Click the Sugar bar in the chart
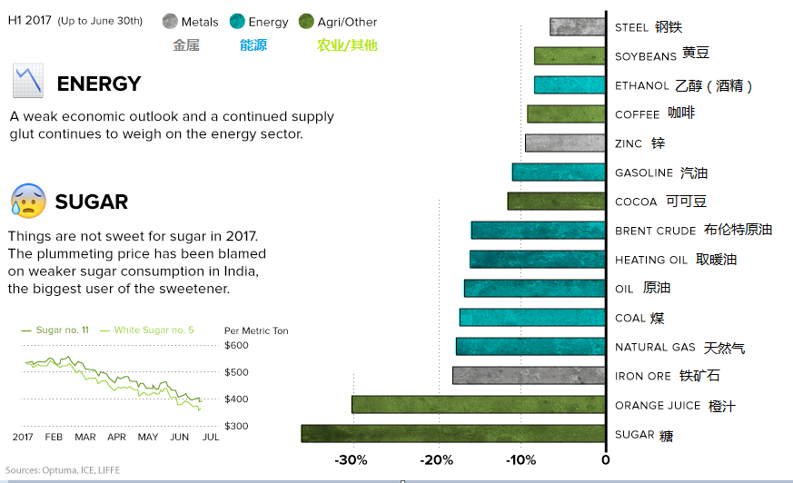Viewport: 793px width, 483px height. (453, 434)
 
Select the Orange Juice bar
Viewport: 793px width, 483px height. (479, 405)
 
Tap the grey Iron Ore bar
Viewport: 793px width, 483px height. (529, 376)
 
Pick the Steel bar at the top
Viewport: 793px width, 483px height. (578, 27)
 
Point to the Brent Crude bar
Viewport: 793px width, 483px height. (538, 231)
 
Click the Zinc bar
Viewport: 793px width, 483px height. (565, 143)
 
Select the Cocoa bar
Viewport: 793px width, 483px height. (557, 202)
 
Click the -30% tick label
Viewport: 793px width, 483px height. (351, 460)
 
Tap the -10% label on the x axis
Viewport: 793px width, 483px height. (520, 460)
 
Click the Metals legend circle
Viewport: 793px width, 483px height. (170, 22)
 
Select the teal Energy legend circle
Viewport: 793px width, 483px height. (238, 22)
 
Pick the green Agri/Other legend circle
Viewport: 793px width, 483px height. (306, 22)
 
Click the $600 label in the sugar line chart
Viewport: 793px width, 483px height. (235, 345)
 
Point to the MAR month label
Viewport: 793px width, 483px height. (85, 438)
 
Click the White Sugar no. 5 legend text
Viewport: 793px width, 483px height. (154, 330)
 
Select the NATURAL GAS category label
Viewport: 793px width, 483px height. (655, 348)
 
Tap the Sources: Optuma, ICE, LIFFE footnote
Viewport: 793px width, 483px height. (63, 470)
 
